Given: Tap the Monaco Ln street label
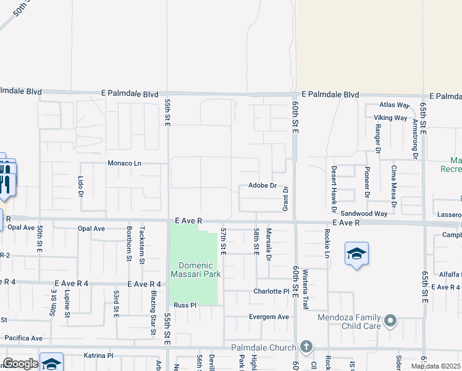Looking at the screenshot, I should [x=125, y=163].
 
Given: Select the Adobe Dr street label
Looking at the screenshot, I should [x=261, y=185].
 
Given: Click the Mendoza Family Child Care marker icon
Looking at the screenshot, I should [x=390, y=320].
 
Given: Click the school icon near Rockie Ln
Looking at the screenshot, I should [x=356, y=254].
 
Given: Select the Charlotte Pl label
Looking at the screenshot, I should [x=271, y=291].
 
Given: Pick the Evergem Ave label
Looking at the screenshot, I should [x=269, y=317].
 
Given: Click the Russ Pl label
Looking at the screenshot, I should [x=185, y=305].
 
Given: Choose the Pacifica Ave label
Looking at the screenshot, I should [x=23, y=338].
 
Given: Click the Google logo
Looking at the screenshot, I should [x=20, y=364].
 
